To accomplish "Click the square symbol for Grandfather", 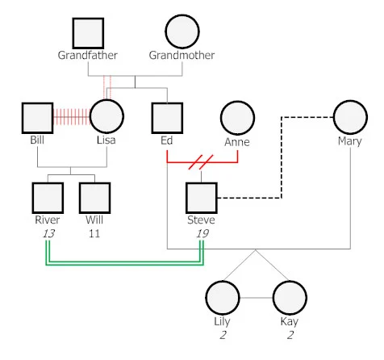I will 88,32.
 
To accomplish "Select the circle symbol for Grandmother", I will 182,32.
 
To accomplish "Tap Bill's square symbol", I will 37,117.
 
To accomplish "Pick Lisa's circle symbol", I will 106,117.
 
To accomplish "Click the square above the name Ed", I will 167,117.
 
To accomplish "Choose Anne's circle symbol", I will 236,118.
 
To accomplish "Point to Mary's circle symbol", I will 349,117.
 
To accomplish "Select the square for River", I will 47,198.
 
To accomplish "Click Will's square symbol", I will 94,198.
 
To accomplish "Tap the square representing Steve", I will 202,198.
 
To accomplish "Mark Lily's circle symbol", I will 222,298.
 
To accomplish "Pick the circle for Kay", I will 289,298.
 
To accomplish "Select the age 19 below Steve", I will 202,233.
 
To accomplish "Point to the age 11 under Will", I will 94,233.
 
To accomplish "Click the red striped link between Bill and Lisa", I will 71,117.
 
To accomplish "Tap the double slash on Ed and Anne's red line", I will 198,162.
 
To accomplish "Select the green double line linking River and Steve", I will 121,263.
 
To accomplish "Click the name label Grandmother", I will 182,56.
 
